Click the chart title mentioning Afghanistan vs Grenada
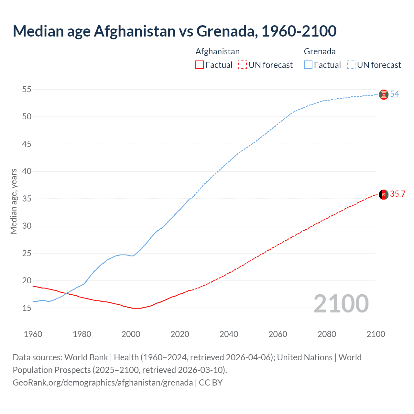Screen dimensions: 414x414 pos(175,31)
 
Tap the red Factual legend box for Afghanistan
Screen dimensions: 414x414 pos(200,65)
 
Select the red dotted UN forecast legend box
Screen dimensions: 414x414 pos(243,65)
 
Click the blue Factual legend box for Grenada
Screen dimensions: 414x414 pos(308,65)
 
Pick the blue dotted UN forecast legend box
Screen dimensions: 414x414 pos(351,65)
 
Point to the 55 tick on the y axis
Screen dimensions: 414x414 pos(27,89)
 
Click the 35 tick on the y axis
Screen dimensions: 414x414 pos(27,199)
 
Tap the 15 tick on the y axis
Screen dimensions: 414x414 pos(27,308)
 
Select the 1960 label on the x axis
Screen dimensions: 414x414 pos(33,334)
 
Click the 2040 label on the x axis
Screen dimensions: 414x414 pos(229,334)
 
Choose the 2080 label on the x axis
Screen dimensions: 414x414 pos(327,334)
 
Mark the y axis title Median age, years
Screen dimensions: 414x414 pos(14,201)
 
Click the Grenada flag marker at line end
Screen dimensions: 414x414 pos(384,94)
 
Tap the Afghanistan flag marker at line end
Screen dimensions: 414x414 pos(384,195)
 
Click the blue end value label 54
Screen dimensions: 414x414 pos(395,94)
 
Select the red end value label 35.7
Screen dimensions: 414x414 pos(398,194)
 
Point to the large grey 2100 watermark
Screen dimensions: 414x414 pos(341,304)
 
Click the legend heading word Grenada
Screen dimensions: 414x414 pos(320,51)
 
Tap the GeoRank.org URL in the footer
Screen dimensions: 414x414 pos(103,383)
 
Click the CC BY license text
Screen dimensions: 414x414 pos(211,383)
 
